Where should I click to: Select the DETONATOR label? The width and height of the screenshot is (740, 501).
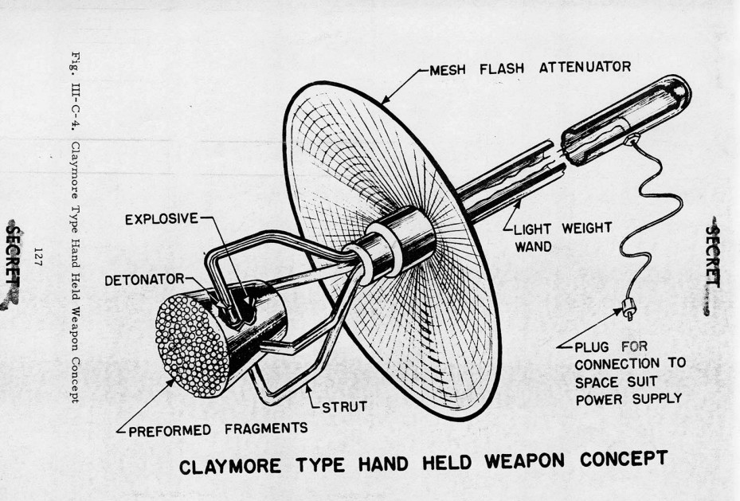(143, 280)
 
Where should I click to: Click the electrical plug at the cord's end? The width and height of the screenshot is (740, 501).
(626, 311)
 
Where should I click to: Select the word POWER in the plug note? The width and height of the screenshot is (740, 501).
(605, 399)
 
